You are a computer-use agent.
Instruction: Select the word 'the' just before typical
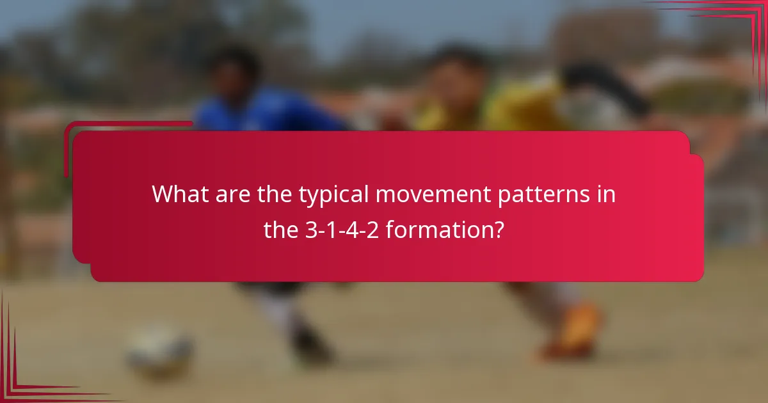point(275,194)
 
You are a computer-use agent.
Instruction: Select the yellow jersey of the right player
point(506,112)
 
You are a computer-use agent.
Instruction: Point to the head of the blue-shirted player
point(234,70)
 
